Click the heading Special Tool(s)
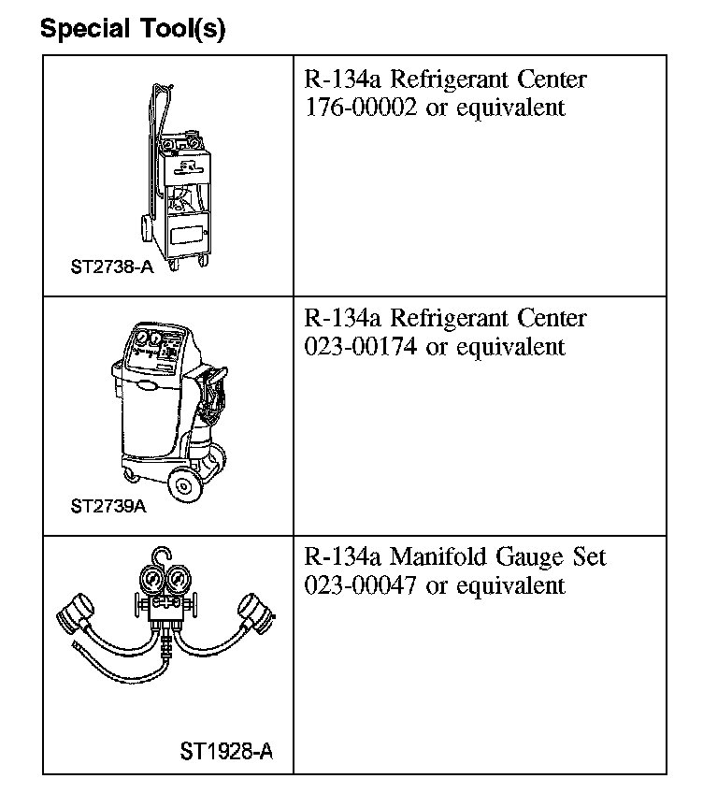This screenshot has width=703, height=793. [132, 29]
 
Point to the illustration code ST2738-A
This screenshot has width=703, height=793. [111, 266]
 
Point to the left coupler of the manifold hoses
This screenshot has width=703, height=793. [73, 616]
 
